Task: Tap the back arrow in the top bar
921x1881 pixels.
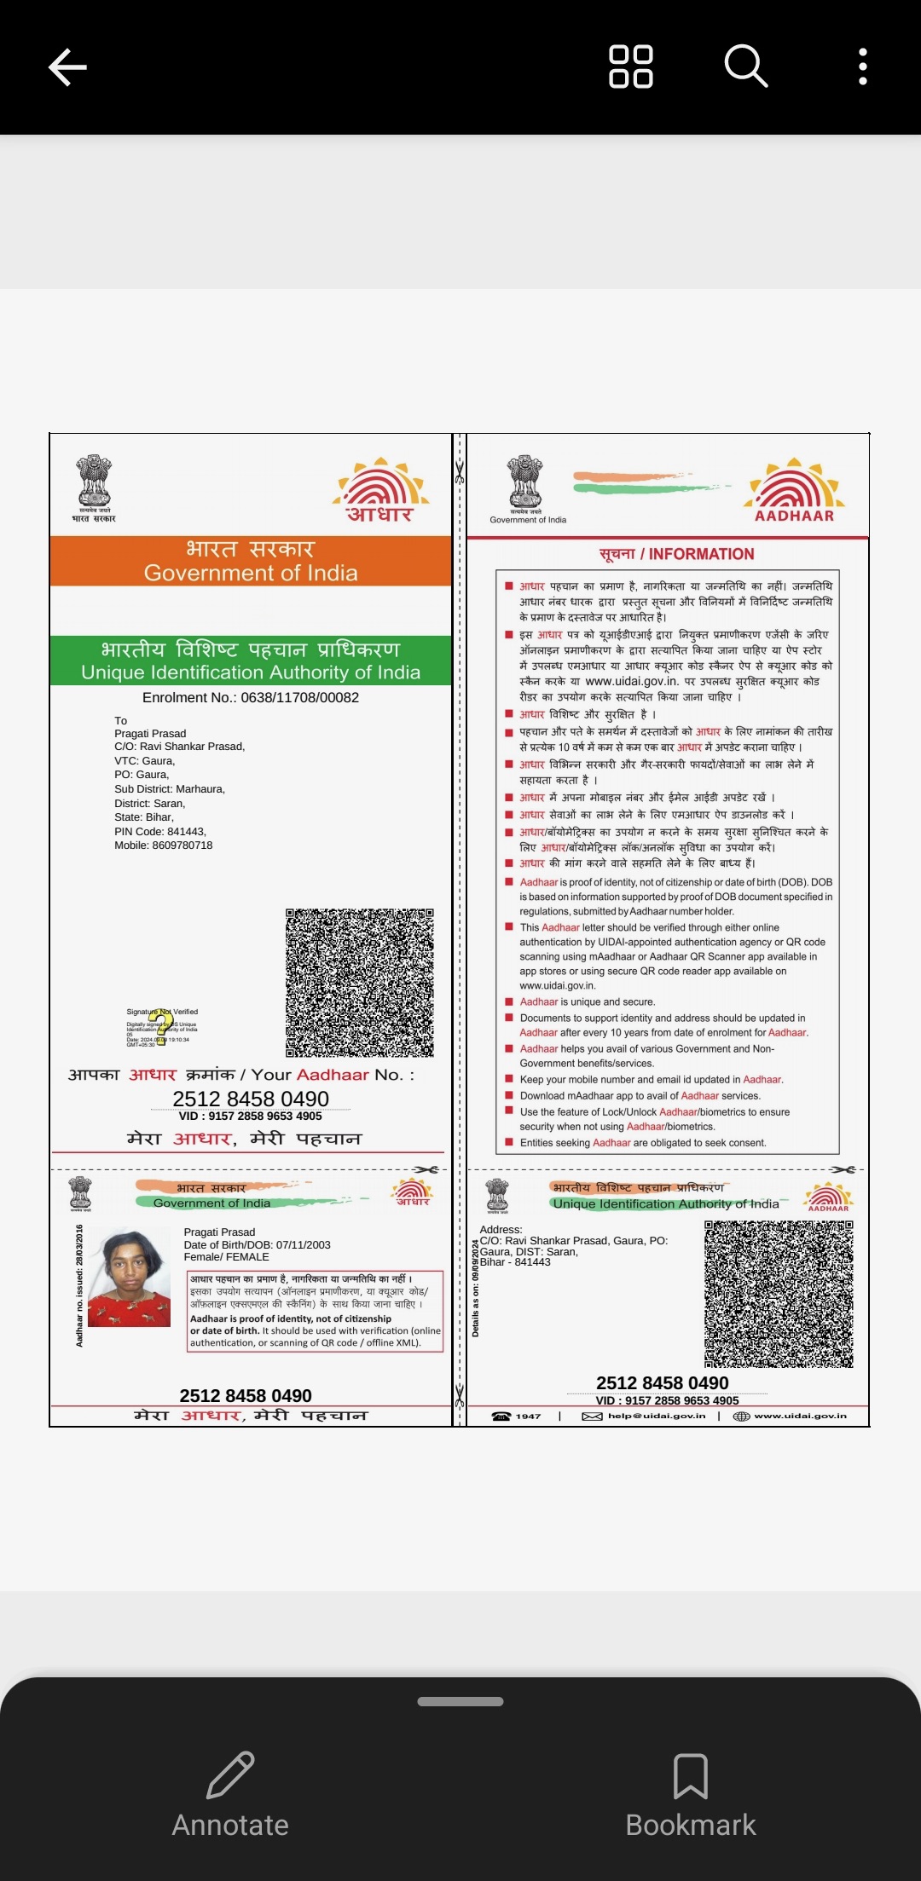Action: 68,67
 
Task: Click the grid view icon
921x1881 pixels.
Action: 630,66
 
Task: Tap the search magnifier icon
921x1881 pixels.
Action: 745,66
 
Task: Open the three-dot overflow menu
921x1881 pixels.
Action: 863,66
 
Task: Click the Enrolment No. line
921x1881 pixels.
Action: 251,697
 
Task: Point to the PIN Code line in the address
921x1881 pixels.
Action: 160,831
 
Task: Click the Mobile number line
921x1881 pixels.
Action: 164,845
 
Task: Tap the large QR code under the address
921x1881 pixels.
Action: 359,983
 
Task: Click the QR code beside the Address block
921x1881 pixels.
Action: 778,1294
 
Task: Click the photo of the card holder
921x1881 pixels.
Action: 129,1278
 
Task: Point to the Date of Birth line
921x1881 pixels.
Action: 257,1245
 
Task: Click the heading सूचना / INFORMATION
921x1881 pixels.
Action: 676,554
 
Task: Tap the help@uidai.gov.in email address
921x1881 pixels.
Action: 657,1416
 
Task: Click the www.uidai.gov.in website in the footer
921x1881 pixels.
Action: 800,1416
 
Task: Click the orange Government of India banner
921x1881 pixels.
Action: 251,561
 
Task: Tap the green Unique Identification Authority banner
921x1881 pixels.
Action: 251,661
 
